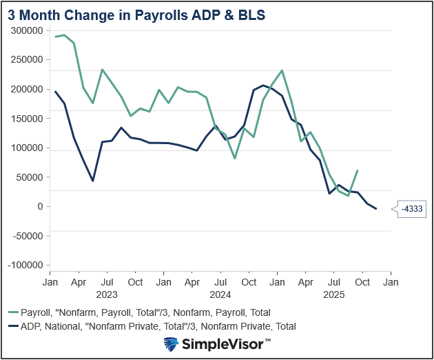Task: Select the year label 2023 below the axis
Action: [x=107, y=294]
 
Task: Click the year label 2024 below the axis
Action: [x=220, y=294]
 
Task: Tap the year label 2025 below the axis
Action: [x=333, y=294]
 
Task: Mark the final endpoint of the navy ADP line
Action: [x=376, y=208]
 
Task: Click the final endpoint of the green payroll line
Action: [x=358, y=170]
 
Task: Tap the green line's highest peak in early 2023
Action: [x=64, y=34]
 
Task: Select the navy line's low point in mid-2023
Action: [x=93, y=181]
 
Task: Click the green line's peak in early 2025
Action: [x=282, y=70]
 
